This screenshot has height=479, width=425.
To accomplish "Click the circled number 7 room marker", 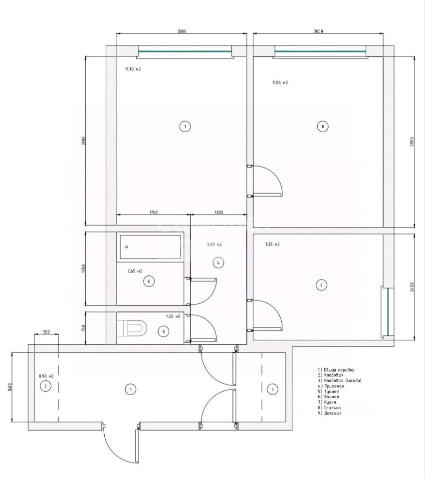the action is [185, 127].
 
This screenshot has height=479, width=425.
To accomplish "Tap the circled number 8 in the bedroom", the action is [323, 127].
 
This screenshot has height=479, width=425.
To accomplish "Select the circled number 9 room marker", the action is [322, 285].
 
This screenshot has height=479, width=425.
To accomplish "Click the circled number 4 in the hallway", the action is [217, 262].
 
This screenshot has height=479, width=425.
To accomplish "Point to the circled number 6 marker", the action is [149, 281].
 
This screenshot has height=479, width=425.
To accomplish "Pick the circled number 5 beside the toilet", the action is [163, 331].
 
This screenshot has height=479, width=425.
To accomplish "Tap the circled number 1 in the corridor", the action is [130, 390].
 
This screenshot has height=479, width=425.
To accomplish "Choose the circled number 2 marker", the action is [45, 386].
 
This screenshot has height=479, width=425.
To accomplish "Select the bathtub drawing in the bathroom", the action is [150, 246].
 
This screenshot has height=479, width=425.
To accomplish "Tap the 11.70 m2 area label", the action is [133, 69].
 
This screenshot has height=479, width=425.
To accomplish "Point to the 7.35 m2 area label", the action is [272, 244].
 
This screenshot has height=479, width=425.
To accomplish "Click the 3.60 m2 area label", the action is [214, 244].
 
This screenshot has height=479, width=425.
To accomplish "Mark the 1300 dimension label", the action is [218, 213].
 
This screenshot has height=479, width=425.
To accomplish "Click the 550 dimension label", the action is [46, 332].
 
